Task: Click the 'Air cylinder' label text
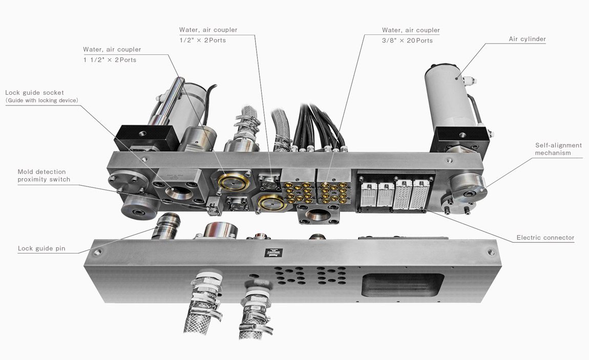click(x=527, y=39)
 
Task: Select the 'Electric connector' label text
click(x=545, y=238)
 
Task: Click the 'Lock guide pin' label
click(x=41, y=248)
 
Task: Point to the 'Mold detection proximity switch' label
click(x=44, y=176)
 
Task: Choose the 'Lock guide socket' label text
click(x=34, y=93)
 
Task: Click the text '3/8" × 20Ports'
click(x=407, y=40)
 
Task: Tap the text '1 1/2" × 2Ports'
click(x=110, y=60)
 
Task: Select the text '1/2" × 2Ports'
click(x=202, y=40)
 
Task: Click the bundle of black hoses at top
click(x=318, y=125)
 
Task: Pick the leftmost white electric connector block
click(x=369, y=195)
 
